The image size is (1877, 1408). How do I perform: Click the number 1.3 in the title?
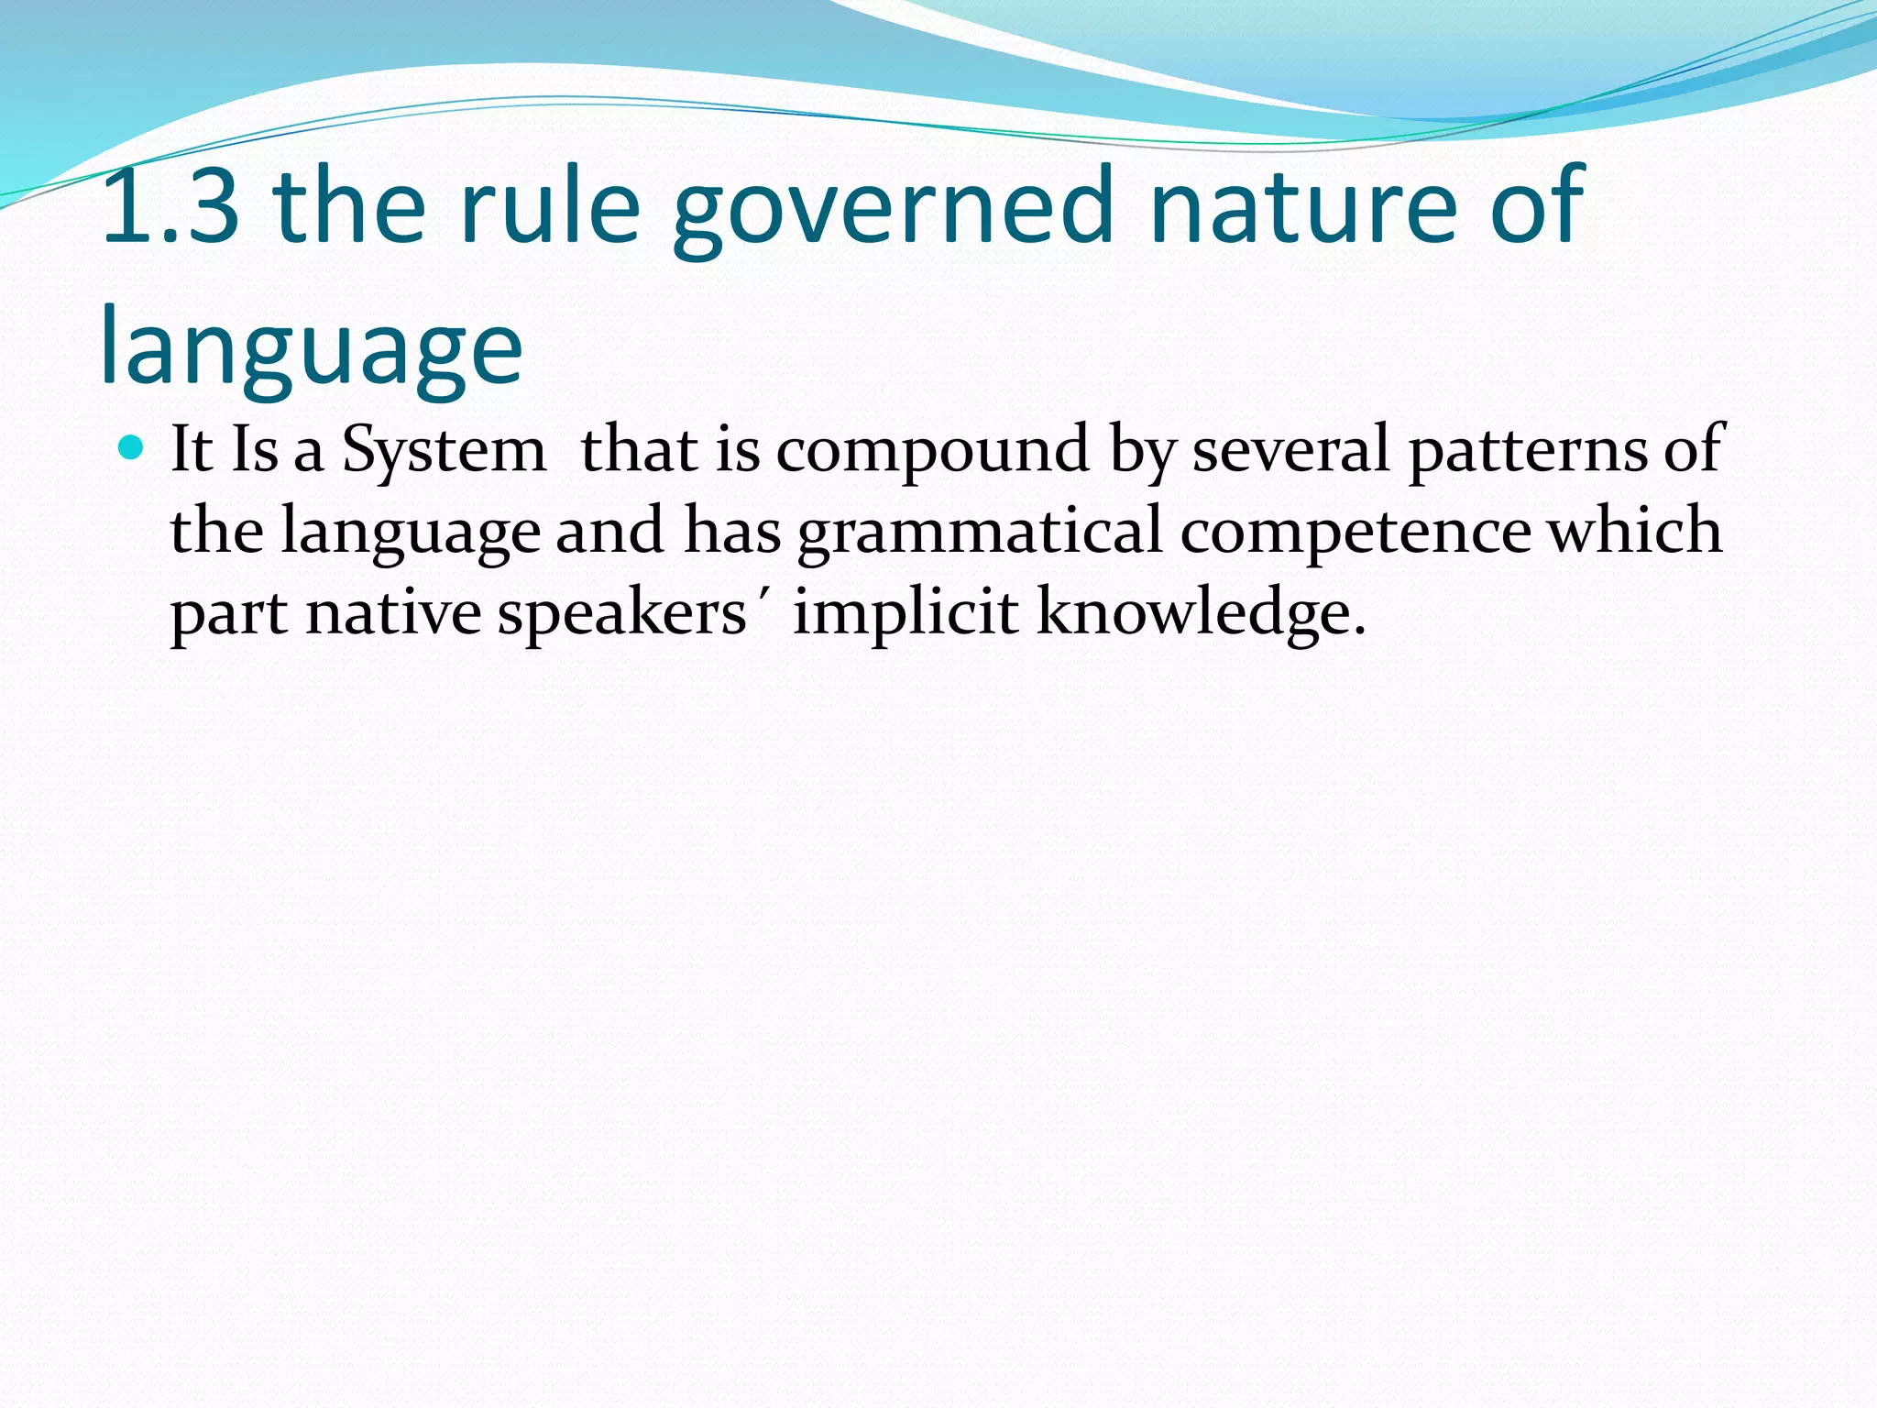(171, 208)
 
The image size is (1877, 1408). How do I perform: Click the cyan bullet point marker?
(133, 448)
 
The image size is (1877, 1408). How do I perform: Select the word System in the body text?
(444, 450)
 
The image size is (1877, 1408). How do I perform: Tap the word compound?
(933, 450)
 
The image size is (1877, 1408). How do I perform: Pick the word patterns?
(1528, 450)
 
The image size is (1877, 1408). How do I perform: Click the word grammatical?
(980, 532)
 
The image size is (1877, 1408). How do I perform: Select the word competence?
(1356, 532)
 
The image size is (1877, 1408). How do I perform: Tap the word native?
(393, 612)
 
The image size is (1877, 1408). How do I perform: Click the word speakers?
(622, 612)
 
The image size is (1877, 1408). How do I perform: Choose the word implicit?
(906, 612)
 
